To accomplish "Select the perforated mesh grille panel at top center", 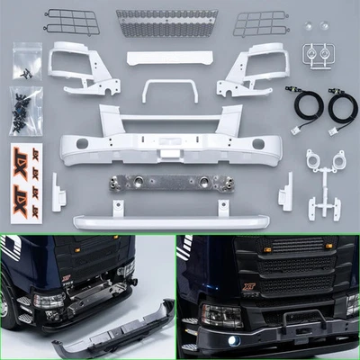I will (166, 20).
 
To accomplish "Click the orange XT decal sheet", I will (25, 176).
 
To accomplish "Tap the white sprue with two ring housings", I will (323, 175).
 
